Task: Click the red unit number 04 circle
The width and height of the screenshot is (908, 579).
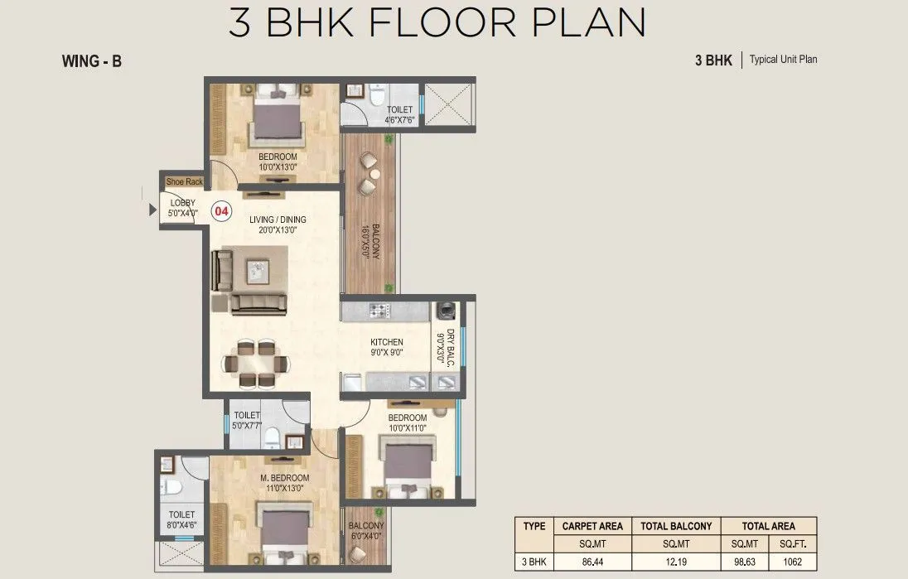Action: (222, 211)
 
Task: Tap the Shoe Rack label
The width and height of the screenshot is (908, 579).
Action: (185, 181)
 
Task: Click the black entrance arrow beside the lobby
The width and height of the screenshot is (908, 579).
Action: (153, 210)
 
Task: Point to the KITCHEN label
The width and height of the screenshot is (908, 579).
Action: (387, 342)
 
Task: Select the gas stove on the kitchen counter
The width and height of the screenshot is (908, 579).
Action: (380, 311)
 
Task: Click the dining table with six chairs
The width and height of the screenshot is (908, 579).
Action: (255, 364)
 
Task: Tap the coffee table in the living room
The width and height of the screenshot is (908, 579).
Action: (258, 272)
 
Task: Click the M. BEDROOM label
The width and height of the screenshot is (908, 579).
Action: (284, 478)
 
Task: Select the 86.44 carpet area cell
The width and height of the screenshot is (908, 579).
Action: (592, 562)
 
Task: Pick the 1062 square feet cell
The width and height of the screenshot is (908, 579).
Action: (792, 562)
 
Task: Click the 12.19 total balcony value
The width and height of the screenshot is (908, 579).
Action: (676, 562)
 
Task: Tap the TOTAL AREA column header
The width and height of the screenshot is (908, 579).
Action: (769, 526)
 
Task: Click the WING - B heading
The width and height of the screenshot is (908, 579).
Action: (91, 60)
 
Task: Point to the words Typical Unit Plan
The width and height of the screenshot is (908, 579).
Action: (784, 59)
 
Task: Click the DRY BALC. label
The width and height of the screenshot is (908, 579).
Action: (451, 348)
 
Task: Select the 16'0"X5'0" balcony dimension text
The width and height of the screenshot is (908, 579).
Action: (366, 241)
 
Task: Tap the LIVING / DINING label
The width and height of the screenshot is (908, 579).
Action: (278, 220)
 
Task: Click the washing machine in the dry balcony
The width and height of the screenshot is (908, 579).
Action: (446, 311)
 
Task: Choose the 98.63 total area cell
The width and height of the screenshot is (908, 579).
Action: (745, 562)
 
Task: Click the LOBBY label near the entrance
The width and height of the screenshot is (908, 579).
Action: (183, 203)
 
